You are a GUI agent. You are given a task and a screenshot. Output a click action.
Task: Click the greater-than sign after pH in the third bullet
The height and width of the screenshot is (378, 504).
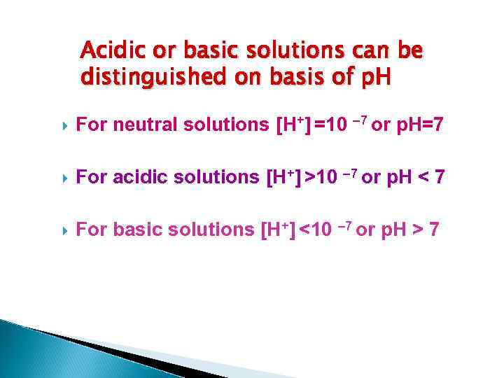pyautogui.click(x=416, y=230)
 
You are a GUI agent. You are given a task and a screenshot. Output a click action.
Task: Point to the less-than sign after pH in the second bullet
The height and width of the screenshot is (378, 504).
pyautogui.click(x=424, y=178)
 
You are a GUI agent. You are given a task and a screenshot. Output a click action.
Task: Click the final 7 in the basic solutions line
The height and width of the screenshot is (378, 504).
pyautogui.click(x=434, y=230)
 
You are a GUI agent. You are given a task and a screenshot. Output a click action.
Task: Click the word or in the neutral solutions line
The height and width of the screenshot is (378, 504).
pyautogui.click(x=381, y=126)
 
